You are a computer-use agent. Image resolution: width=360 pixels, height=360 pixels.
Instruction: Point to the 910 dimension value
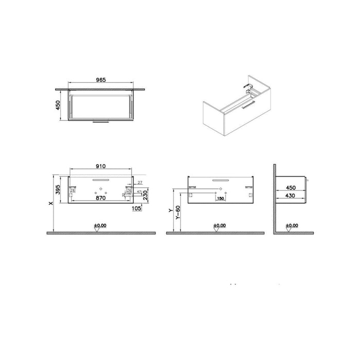coord(101,167)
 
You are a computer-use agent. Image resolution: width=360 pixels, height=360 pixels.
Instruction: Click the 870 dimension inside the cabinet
coord(101,197)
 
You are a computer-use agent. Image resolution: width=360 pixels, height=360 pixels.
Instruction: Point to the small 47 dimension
coord(139,191)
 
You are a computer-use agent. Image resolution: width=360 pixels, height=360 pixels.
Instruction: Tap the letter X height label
coord(50,204)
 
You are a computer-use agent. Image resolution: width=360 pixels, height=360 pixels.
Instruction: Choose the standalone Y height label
coord(171,211)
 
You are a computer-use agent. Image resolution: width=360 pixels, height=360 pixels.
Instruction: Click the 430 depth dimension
coord(291,196)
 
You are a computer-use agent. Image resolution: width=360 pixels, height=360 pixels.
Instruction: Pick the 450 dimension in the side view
coord(291,188)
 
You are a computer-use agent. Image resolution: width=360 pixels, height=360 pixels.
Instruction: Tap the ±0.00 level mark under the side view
coord(292,225)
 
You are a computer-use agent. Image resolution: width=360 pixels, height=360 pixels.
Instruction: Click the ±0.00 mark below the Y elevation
coord(220,225)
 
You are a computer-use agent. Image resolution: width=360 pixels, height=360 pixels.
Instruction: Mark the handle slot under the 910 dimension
coord(101,179)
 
